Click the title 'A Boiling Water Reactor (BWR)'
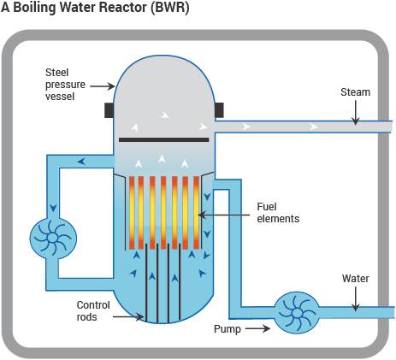click(x=95, y=9)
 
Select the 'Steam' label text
click(x=356, y=91)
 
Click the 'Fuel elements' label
click(x=278, y=213)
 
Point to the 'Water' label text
click(x=357, y=278)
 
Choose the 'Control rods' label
click(x=94, y=310)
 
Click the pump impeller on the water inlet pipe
click(x=297, y=313)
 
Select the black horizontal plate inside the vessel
click(x=164, y=139)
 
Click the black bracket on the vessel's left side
click(x=109, y=110)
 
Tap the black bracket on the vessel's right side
click(x=219, y=110)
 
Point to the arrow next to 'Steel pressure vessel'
click(x=103, y=86)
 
